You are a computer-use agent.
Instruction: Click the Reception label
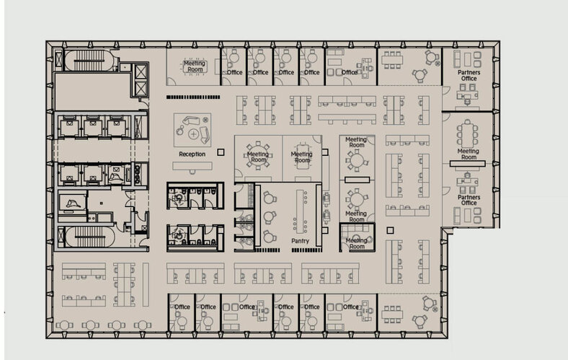pyautogui.click(x=192, y=154)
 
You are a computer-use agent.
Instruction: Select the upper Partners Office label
pyautogui.click(x=469, y=76)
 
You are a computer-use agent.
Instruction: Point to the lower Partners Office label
pyautogui.click(x=469, y=199)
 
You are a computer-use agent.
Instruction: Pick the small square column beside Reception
pyautogui.click(x=221, y=152)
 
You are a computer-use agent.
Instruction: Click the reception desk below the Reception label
pyautogui.click(x=192, y=166)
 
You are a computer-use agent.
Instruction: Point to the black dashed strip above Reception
pyautogui.click(x=192, y=97)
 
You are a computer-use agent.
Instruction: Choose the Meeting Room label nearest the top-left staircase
pyautogui.click(x=195, y=66)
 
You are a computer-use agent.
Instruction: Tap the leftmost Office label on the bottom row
pyautogui.click(x=182, y=307)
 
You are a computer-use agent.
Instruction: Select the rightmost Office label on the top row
pyautogui.click(x=350, y=72)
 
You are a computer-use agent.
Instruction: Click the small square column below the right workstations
pyautogui.click(x=390, y=230)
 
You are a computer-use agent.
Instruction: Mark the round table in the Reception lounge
pyautogui.click(x=193, y=134)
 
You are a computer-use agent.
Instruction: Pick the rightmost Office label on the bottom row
pyautogui.click(x=350, y=307)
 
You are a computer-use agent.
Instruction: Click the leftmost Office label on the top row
pyautogui.click(x=234, y=72)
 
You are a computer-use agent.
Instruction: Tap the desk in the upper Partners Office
pyautogui.click(x=470, y=95)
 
